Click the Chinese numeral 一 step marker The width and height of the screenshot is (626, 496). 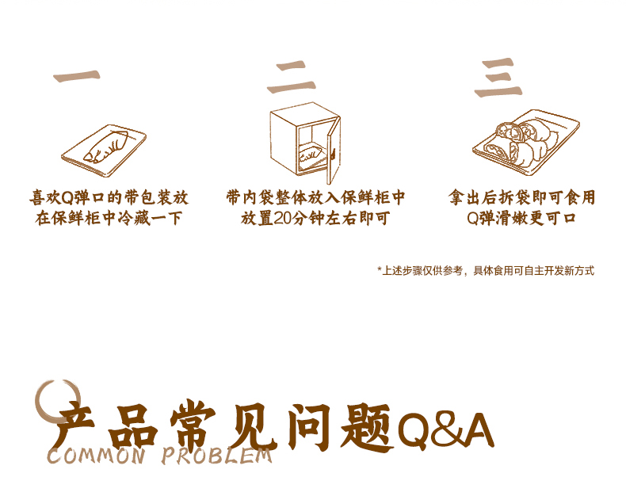[x=77, y=76]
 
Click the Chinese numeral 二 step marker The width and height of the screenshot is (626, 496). [x=292, y=78]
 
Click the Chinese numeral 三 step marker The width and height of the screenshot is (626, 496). [x=498, y=78]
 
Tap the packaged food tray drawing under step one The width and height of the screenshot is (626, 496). [x=104, y=151]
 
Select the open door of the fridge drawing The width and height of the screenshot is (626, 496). [x=334, y=150]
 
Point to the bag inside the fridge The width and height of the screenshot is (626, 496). [x=310, y=154]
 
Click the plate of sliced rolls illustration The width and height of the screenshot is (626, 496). [x=526, y=143]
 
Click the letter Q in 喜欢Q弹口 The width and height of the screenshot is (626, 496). [x=67, y=197]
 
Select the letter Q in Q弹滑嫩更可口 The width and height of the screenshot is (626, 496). [x=473, y=219]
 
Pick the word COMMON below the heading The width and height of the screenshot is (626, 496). [x=96, y=456]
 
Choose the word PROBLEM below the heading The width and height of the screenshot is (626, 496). [x=217, y=456]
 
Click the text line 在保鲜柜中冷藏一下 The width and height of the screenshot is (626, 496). [x=109, y=219]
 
